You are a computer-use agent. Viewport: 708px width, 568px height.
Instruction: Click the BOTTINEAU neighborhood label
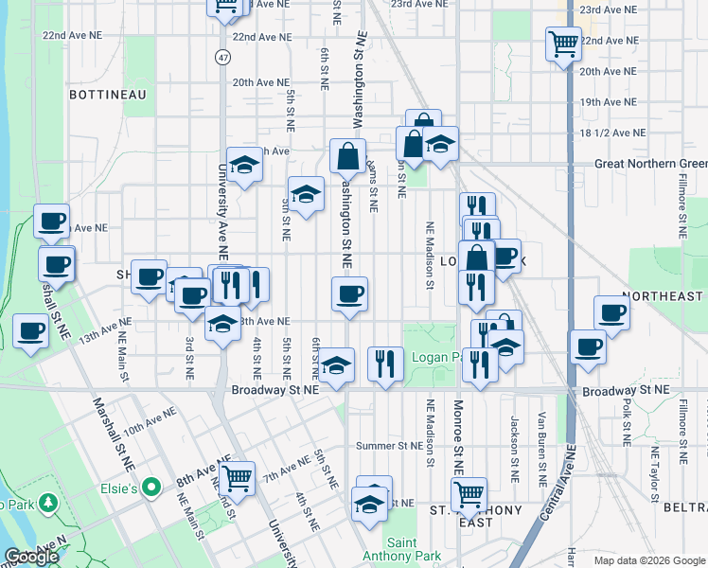[x=107, y=95]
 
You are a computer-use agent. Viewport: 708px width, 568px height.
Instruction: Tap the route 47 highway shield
[x=221, y=57]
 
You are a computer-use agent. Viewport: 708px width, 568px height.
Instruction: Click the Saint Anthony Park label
[x=389, y=549]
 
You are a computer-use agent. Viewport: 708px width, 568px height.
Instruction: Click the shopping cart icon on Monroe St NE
[x=469, y=493]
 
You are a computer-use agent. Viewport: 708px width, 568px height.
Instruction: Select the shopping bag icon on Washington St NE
[x=348, y=155]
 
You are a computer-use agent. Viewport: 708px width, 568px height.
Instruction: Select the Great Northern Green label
[x=650, y=164]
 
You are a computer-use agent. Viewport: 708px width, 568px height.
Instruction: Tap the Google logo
[x=32, y=558]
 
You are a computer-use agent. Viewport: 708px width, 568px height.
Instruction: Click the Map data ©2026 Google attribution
[x=647, y=559]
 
